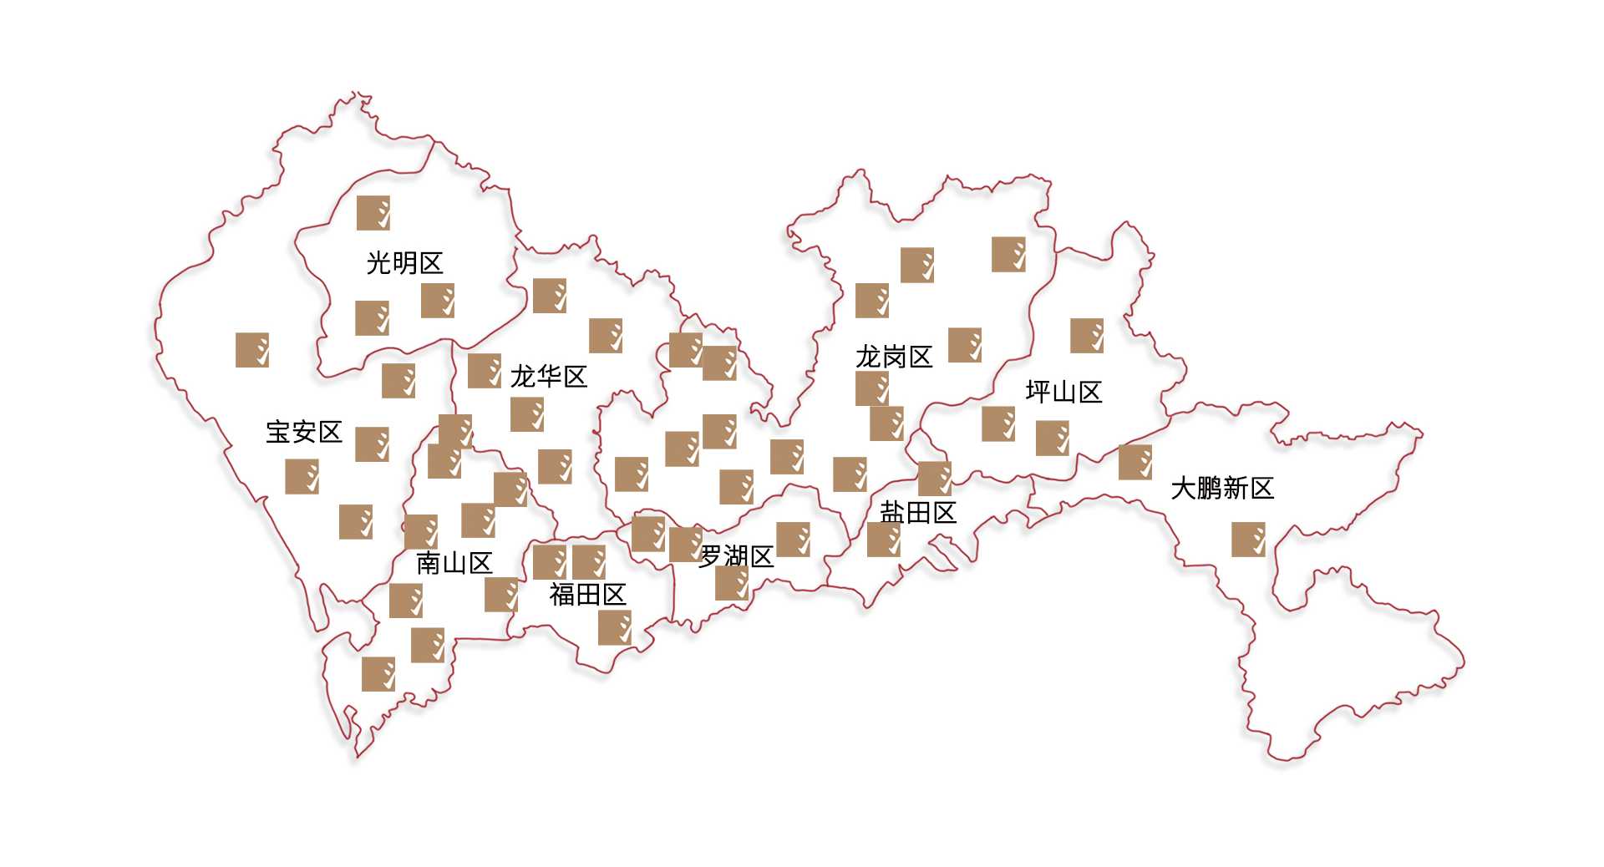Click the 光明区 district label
coord(404,263)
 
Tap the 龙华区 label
coord(548,377)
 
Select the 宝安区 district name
coord(304,432)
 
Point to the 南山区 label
coord(454,563)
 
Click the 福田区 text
coord(587,595)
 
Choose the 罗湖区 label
coord(736,556)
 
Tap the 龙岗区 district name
coord(893,357)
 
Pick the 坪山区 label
coord(1063,392)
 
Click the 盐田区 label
coord(917,513)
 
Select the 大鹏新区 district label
coord(1222,489)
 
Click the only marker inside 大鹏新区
coord(1248,540)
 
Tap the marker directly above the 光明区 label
coord(373,213)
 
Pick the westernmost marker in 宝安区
coord(252,350)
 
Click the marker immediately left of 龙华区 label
coord(485,371)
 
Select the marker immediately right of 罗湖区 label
coord(793,540)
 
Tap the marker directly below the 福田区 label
coord(615,628)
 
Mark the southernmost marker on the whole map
coord(378,674)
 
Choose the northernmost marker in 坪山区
coord(1087,336)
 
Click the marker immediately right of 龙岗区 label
coord(965,345)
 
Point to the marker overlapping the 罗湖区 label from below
coord(732,583)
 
